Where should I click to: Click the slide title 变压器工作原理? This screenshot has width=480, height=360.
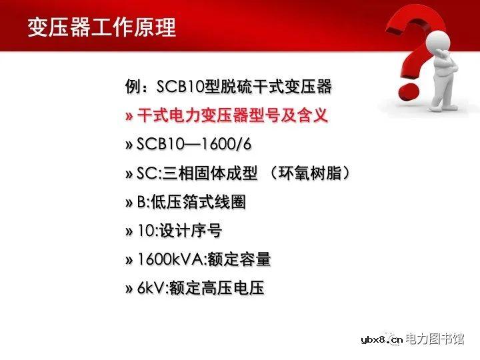click(101, 27)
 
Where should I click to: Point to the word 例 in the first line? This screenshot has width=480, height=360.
click(131, 87)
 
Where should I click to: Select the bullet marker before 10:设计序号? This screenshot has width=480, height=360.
click(129, 231)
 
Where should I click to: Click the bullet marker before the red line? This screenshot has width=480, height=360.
click(129, 116)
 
